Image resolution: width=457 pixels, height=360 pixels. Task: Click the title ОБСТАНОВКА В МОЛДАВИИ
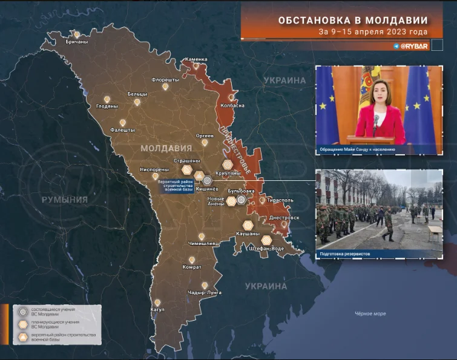(352, 21)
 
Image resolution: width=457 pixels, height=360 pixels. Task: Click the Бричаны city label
(77, 42)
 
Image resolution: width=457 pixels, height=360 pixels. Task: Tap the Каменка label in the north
(196, 59)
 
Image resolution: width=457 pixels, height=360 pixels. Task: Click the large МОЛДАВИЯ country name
(166, 148)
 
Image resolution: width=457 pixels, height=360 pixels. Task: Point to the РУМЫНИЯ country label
(64, 199)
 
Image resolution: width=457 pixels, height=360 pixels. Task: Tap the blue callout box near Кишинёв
(176, 185)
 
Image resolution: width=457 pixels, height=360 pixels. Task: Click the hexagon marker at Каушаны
(247, 225)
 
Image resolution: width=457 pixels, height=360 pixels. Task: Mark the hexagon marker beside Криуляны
(227, 165)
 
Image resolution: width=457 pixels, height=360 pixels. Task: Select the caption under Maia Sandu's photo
(358, 148)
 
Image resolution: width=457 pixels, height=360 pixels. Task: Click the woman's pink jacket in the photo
(379, 121)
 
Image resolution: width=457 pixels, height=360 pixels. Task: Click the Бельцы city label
(137, 95)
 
